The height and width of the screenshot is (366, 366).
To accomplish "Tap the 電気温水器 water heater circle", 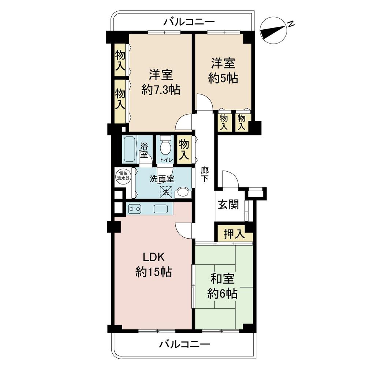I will (x=121, y=176).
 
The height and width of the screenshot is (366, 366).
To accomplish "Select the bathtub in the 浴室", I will (x=128, y=149).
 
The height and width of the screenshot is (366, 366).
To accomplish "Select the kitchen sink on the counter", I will (x=161, y=209).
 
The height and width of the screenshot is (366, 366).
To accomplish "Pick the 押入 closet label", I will (x=234, y=235).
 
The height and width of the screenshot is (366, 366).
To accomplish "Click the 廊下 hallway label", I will (x=205, y=174).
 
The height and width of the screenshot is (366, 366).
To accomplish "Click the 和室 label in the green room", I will (x=223, y=279).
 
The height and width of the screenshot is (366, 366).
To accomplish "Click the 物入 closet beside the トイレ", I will (x=184, y=149).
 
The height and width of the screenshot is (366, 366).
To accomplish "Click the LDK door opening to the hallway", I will (x=184, y=230).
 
